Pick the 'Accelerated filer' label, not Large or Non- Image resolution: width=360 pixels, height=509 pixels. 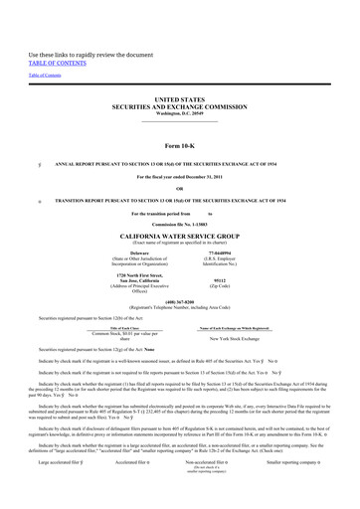(x=136, y=490)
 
